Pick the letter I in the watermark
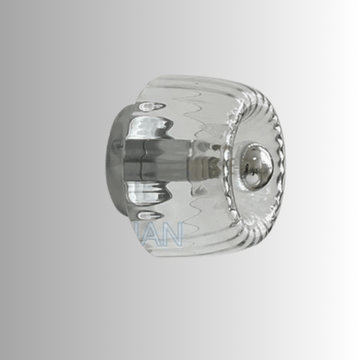coord(145,235)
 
